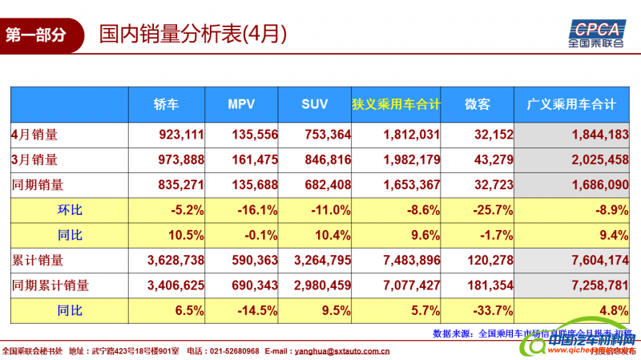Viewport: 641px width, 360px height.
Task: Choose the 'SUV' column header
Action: click(x=315, y=104)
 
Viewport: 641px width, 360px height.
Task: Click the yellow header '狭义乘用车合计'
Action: click(x=397, y=104)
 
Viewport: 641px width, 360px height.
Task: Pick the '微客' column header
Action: click(x=477, y=104)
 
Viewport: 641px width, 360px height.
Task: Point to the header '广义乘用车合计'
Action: click(x=570, y=104)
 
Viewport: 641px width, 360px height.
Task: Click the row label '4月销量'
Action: click(x=34, y=135)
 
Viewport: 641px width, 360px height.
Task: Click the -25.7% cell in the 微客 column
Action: click(x=494, y=210)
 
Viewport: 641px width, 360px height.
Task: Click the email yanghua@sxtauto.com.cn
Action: click(x=339, y=350)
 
